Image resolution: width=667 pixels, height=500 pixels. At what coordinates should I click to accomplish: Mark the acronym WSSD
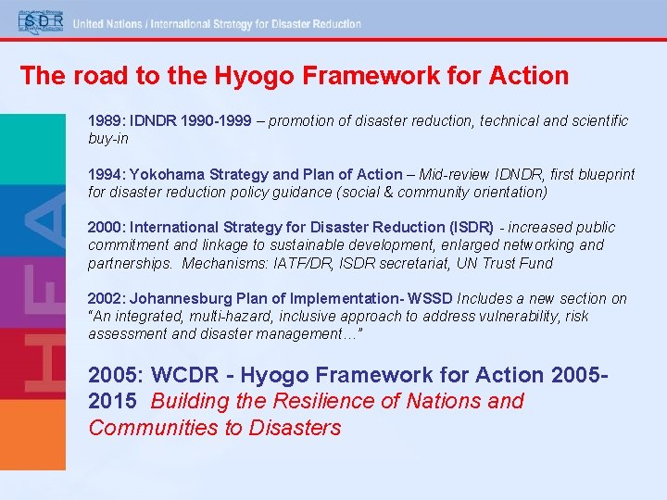coord(432,298)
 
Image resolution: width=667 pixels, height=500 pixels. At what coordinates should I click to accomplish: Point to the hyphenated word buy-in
coord(108,139)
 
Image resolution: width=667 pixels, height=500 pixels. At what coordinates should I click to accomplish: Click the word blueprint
coord(603,174)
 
